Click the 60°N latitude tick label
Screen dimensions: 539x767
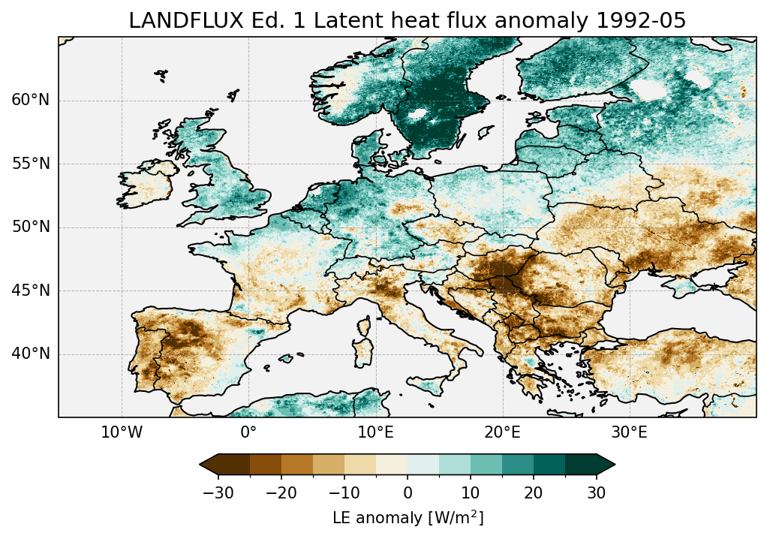[x=31, y=101]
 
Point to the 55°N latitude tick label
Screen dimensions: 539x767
[x=31, y=164]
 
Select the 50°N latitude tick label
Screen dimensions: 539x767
[x=31, y=227]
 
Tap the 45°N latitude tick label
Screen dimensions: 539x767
[x=31, y=291]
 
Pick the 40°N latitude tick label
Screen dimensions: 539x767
[x=31, y=354]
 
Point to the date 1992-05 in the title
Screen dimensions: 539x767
[x=642, y=21]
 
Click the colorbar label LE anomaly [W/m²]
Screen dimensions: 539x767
[x=408, y=518]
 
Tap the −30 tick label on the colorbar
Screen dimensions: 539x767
[x=218, y=492]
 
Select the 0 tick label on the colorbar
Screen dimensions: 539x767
[x=408, y=492]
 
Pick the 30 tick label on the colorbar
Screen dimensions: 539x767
[x=597, y=492]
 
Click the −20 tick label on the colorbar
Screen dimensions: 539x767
[x=281, y=492]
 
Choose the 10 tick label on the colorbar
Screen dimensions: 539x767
[x=471, y=492]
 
